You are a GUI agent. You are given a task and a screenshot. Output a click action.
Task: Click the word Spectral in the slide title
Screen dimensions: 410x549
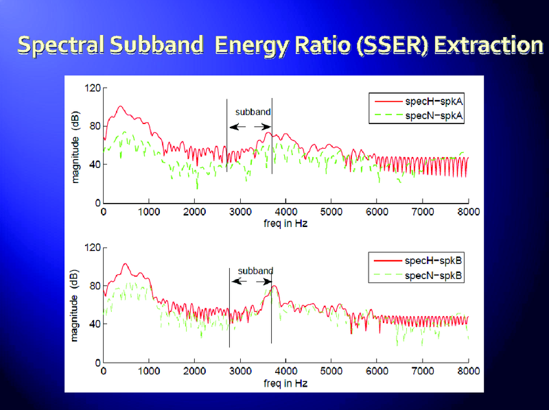pyautogui.click(x=58, y=45)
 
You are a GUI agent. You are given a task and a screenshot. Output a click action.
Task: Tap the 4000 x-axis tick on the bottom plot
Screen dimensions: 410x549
pyautogui.click(x=285, y=371)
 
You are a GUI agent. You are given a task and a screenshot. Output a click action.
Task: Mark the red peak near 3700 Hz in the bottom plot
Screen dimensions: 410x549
pyautogui.click(x=274, y=286)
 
